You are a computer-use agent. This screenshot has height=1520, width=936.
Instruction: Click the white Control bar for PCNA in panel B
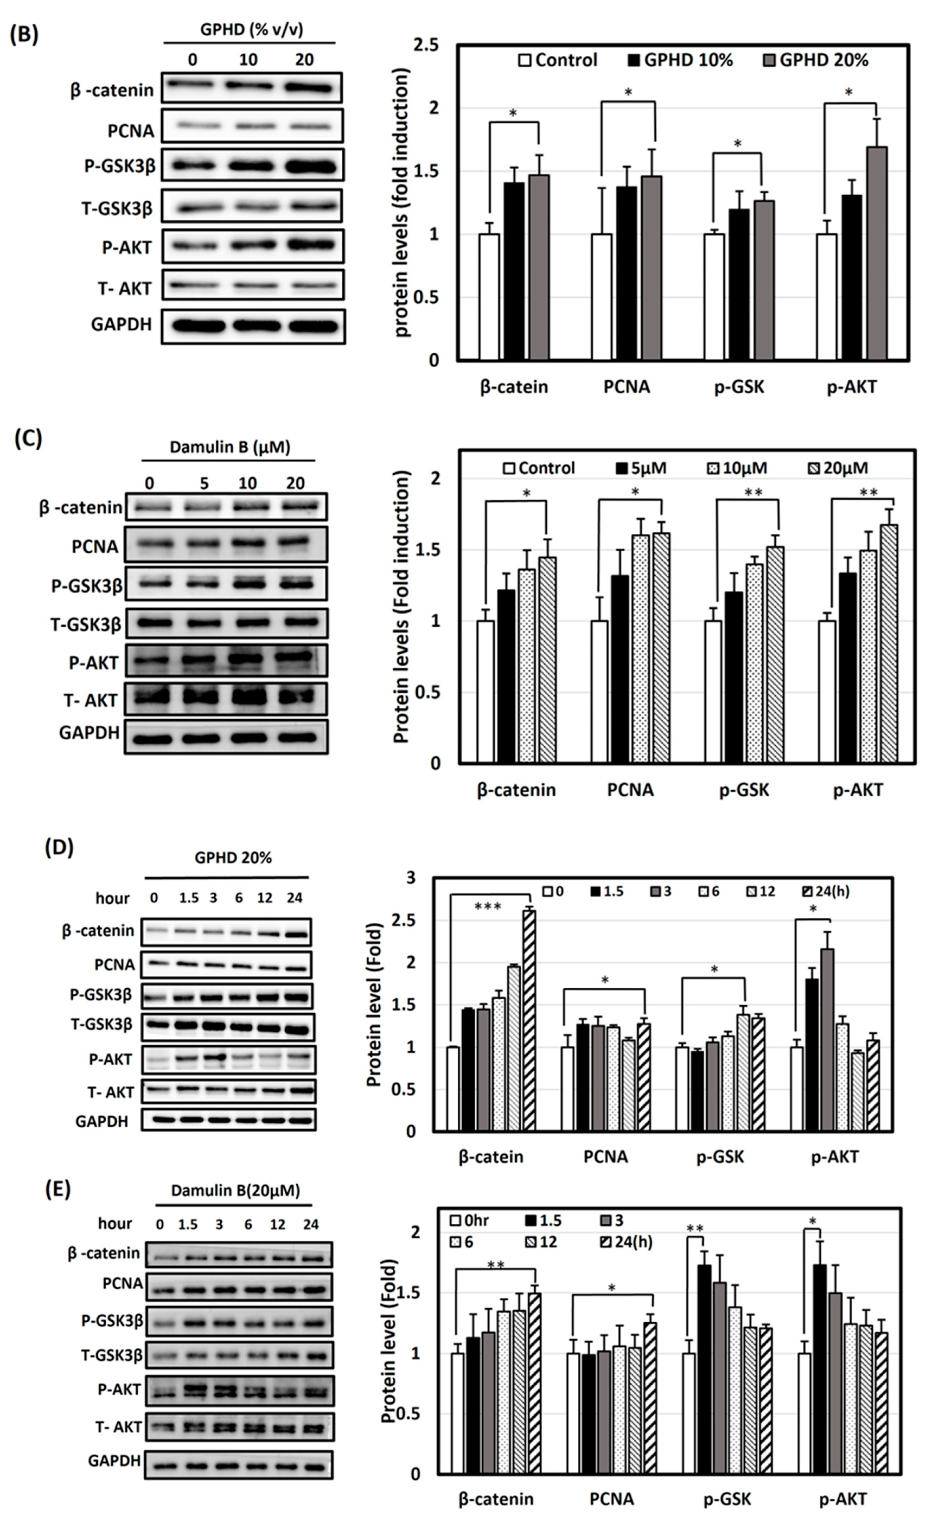click(x=601, y=297)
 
